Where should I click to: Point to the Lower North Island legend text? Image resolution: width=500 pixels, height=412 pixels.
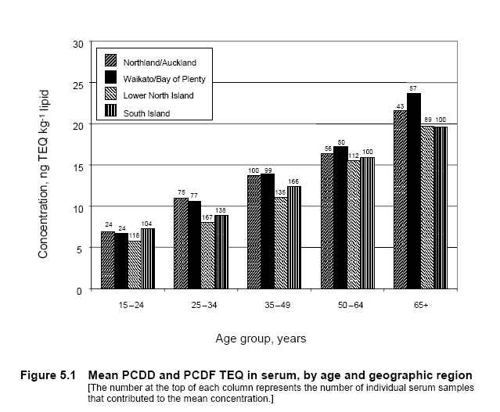(x=159, y=95)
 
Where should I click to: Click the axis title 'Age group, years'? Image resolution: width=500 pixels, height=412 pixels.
(x=261, y=339)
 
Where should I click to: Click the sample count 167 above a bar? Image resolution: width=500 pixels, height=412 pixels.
(x=207, y=217)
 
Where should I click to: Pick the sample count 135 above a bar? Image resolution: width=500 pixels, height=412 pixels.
(x=279, y=192)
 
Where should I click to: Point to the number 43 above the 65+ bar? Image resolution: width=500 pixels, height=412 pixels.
(x=400, y=106)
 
